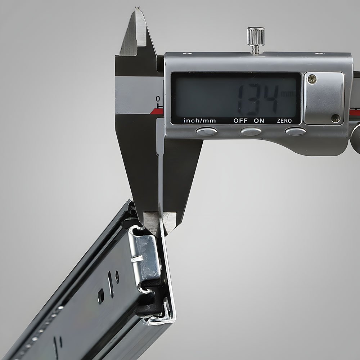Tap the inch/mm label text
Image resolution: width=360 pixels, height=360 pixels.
click(x=200, y=121)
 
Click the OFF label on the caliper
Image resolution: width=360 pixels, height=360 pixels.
click(x=240, y=121)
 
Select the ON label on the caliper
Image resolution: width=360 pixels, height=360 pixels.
click(x=259, y=121)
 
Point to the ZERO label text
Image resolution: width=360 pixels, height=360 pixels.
click(x=284, y=121)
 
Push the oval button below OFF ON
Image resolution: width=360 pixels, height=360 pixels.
click(x=251, y=131)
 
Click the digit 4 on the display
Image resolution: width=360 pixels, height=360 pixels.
click(x=271, y=99)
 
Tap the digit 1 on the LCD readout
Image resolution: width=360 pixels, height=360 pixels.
click(x=241, y=100)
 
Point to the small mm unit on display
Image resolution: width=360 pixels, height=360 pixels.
click(x=287, y=94)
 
